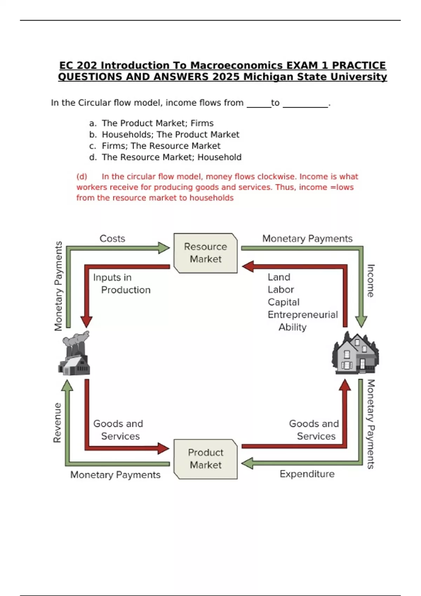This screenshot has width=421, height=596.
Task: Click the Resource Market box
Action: click(x=206, y=253)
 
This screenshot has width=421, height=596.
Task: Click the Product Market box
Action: click(x=206, y=459)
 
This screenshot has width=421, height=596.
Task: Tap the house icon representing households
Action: click(x=355, y=353)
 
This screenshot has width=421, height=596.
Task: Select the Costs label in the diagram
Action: click(x=112, y=239)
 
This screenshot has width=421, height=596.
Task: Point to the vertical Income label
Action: click(x=370, y=281)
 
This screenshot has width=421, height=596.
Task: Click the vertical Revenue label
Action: click(x=57, y=423)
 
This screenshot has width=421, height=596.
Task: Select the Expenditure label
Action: click(x=307, y=474)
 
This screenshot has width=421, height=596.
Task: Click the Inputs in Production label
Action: click(x=121, y=284)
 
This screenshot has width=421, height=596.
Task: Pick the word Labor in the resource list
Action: click(x=281, y=290)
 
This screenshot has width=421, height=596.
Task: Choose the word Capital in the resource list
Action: click(x=283, y=302)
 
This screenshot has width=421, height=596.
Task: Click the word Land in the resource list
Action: click(x=279, y=277)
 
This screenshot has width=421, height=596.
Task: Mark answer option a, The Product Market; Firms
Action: click(x=158, y=123)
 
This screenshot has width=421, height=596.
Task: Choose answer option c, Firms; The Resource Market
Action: click(x=161, y=146)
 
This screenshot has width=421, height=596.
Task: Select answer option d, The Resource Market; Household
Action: click(x=172, y=157)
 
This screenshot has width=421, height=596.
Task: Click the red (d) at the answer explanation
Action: click(x=82, y=177)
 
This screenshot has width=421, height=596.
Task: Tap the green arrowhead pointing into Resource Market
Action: click(x=163, y=248)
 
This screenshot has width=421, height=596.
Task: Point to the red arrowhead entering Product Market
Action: click(x=163, y=448)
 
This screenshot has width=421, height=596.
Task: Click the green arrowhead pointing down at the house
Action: click(x=361, y=321)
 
